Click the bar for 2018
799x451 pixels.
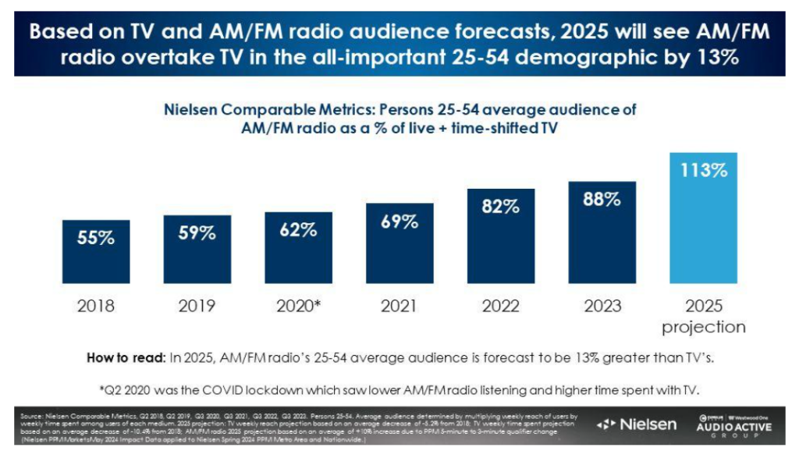coord(96,253)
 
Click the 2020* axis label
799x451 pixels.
coord(299,305)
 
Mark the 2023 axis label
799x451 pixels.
coord(602,305)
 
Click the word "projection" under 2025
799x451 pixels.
coord(704,326)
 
